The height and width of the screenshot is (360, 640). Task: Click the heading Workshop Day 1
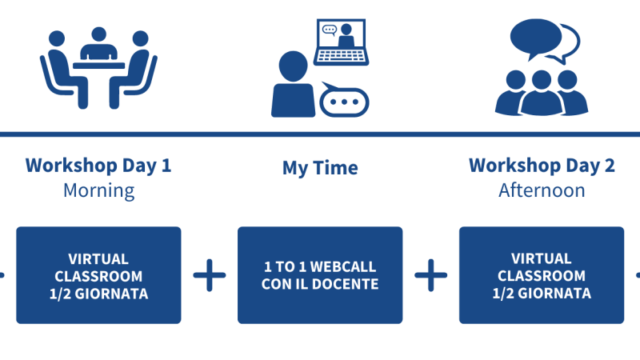click(98, 166)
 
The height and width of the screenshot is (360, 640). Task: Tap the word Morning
click(98, 190)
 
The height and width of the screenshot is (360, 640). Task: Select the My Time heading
click(320, 168)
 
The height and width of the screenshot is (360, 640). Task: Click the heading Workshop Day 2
click(542, 166)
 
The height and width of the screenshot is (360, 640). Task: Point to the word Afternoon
click(542, 190)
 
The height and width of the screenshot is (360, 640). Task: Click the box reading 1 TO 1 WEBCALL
click(320, 275)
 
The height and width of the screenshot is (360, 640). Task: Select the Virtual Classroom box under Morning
click(98, 275)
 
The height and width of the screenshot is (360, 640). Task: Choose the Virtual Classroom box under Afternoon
click(542, 275)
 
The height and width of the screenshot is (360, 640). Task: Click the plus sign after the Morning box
click(210, 275)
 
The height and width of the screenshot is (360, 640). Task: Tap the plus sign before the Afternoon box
click(431, 275)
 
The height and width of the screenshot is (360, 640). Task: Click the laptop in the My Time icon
click(342, 42)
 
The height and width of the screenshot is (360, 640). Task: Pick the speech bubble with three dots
click(344, 101)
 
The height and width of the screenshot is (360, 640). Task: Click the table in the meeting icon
click(98, 66)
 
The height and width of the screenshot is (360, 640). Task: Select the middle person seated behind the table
click(98, 43)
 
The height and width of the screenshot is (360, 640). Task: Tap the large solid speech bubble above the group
click(535, 38)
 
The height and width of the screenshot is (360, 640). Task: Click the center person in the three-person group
click(542, 93)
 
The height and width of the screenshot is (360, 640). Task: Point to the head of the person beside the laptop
click(293, 66)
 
